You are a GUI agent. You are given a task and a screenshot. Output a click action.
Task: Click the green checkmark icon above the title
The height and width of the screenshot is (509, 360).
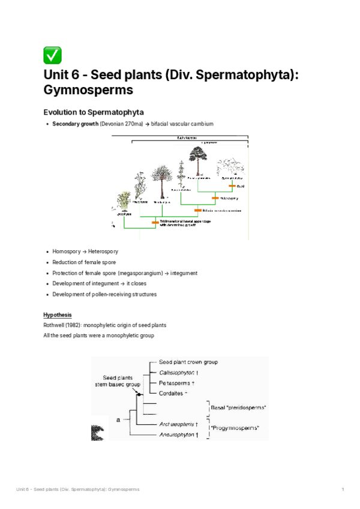[x=52, y=55]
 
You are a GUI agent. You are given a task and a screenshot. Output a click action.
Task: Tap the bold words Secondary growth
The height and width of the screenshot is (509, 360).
[x=75, y=124]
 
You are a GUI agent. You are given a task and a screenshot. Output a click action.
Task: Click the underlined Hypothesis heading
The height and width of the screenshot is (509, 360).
[x=57, y=315]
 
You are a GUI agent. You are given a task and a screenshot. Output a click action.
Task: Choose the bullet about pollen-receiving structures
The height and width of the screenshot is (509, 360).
[x=104, y=294]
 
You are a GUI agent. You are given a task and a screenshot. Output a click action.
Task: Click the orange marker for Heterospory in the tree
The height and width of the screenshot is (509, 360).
[x=214, y=197]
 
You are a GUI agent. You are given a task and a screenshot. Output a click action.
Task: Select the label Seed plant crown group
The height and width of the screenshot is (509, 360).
[x=188, y=362]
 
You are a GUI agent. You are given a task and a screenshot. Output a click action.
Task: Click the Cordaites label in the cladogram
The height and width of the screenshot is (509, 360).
[x=173, y=393]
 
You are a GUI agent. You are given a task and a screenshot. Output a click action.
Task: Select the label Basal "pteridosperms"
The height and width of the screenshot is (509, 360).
[x=238, y=408]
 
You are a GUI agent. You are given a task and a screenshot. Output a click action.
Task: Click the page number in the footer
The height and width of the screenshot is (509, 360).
[x=343, y=490]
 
